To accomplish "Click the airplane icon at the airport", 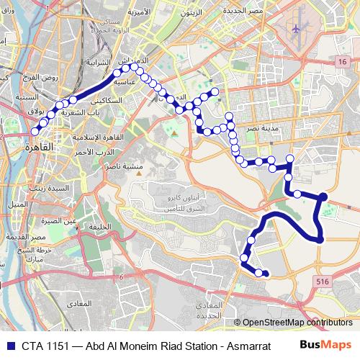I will click(x=296, y=29).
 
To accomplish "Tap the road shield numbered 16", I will click(x=341, y=64).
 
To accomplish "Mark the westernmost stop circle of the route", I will click(x=35, y=132).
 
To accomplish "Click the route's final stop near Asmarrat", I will click(x=266, y=273).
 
